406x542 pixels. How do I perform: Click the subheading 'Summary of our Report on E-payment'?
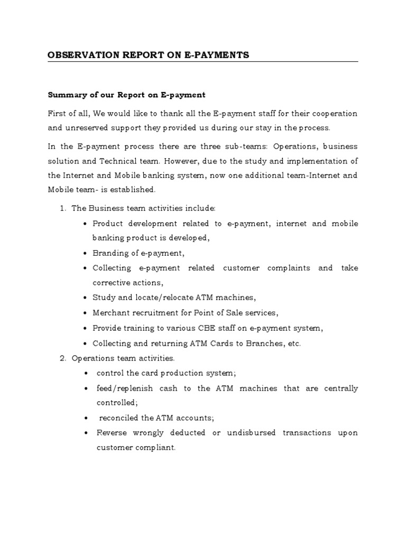click(x=126, y=95)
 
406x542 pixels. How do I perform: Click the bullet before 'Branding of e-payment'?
click(x=85, y=253)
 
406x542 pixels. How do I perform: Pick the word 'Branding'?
click(x=109, y=253)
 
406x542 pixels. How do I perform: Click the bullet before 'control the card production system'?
click(x=85, y=373)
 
